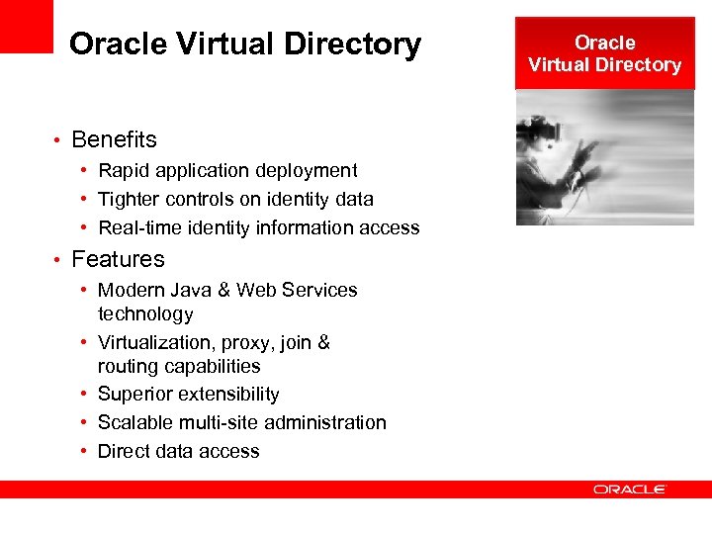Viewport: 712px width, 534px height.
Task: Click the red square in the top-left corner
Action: click(x=26, y=26)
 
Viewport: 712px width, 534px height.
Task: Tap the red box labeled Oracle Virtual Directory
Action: click(x=604, y=53)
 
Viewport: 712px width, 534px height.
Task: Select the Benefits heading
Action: click(x=114, y=139)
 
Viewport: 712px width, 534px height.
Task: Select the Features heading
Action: click(x=118, y=259)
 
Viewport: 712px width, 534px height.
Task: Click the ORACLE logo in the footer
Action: click(x=630, y=489)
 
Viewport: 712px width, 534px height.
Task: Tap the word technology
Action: click(x=145, y=314)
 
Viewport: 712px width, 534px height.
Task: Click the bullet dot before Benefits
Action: click(x=59, y=140)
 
